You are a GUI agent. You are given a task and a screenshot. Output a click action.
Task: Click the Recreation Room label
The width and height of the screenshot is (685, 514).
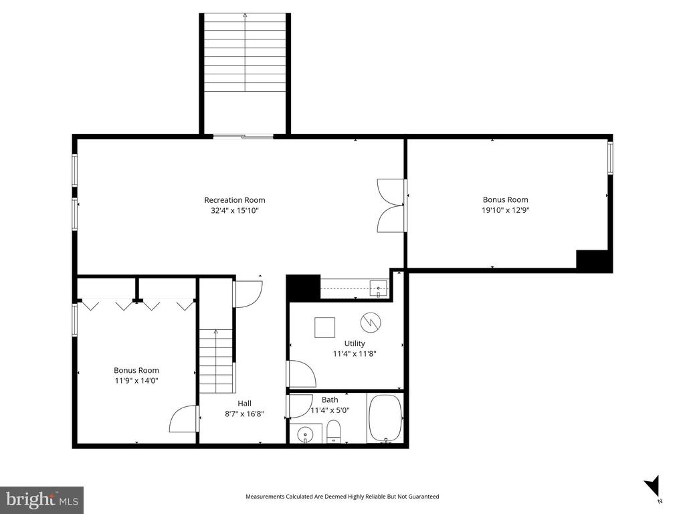234,199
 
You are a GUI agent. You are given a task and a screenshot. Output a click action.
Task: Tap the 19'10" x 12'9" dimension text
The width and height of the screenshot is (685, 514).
505,210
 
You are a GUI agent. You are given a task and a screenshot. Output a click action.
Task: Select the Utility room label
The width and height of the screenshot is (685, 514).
355,343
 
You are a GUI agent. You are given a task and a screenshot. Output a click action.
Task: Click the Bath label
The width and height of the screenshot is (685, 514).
330,400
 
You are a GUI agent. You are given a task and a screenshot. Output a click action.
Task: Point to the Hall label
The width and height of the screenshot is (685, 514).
244,403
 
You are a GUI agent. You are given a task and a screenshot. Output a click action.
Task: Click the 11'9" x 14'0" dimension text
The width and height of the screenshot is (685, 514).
136,381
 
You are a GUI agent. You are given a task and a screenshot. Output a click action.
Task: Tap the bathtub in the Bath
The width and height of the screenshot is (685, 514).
385,418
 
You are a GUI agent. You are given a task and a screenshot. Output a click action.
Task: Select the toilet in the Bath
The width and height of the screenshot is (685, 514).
334,432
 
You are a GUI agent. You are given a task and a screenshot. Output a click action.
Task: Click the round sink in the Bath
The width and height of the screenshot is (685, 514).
305,434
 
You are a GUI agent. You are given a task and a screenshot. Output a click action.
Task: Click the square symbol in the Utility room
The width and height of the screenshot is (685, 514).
325,327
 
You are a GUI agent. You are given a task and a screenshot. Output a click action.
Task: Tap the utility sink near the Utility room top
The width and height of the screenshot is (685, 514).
378,289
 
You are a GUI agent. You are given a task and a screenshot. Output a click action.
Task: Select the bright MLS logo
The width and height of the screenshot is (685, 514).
41,499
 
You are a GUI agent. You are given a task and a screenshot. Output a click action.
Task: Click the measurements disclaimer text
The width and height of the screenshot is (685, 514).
342,497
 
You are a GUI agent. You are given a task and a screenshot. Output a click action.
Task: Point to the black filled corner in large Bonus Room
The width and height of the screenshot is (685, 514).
593,260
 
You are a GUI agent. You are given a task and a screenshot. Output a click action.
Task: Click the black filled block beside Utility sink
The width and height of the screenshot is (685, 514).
302,288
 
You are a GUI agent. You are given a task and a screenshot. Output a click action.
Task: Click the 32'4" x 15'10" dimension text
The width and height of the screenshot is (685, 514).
234,210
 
